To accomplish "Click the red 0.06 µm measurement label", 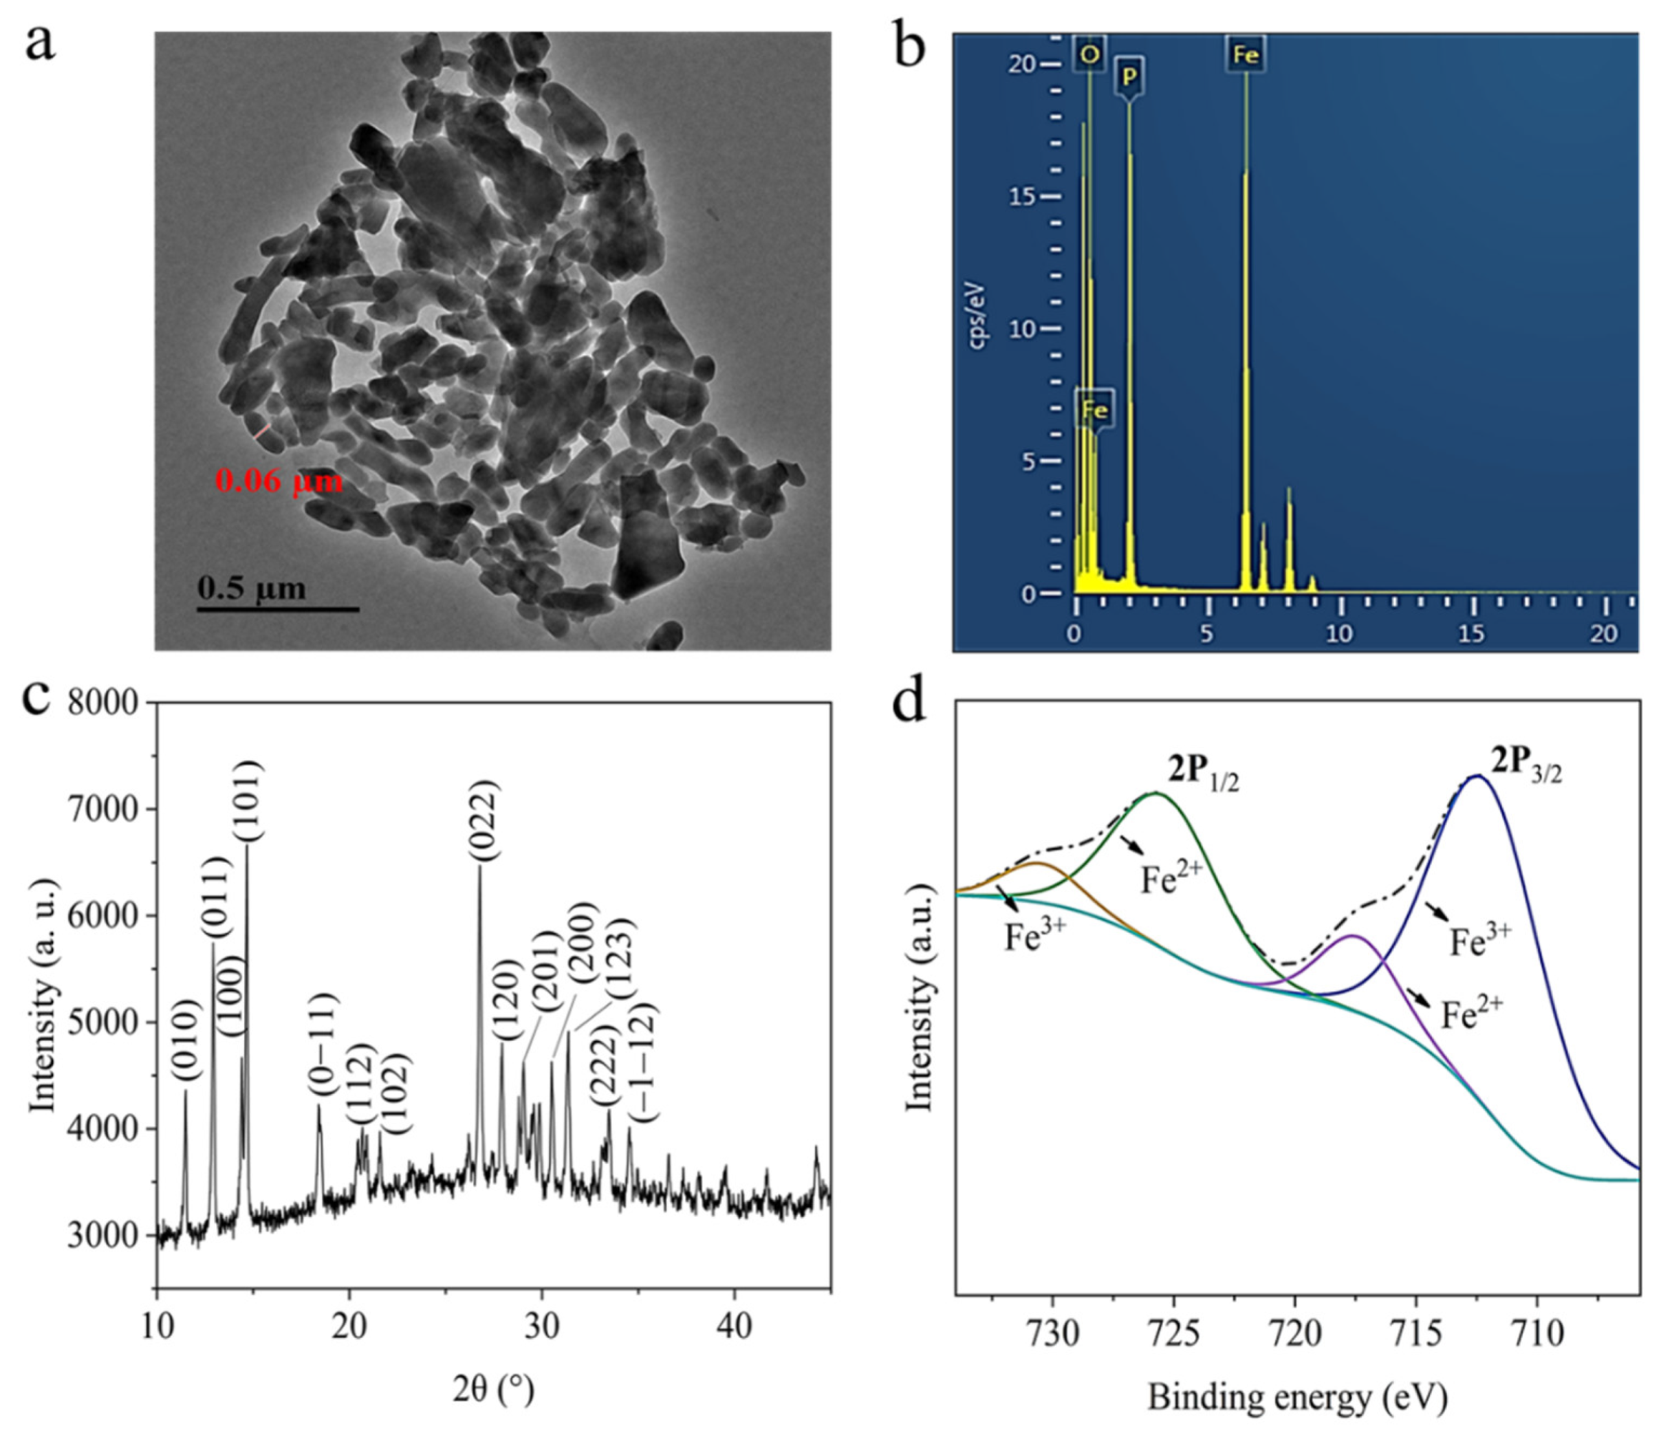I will [x=279, y=481].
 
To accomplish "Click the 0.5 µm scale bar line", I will [x=277, y=609].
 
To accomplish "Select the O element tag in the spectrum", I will [x=1089, y=54].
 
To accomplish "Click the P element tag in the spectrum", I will [x=1129, y=77].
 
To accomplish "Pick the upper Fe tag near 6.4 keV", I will [x=1245, y=54].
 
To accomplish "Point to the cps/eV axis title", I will [x=979, y=317].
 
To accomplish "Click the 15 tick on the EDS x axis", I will [x=1471, y=634].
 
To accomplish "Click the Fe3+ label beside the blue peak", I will [x=1479, y=943].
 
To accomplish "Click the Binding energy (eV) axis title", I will [x=1297, y=1397].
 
